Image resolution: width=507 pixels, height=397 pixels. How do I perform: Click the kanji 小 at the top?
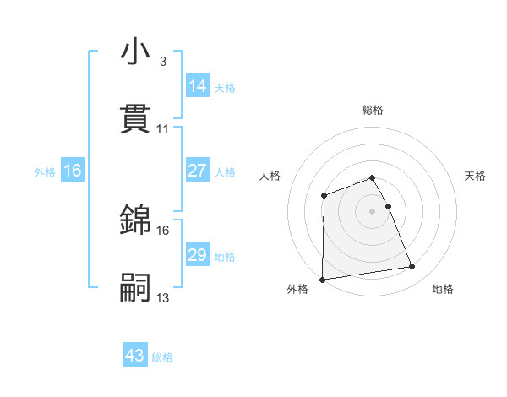135,52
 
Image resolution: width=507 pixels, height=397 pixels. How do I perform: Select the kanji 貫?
135,118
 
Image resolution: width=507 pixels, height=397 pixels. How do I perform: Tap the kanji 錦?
135,220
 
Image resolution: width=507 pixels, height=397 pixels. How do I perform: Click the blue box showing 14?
197,86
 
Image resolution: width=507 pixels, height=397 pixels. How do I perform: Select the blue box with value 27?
197,171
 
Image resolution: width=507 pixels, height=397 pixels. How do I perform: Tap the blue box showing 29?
197,255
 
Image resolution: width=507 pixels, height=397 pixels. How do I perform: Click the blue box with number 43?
134,356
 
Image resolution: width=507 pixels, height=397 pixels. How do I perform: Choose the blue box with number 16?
72,171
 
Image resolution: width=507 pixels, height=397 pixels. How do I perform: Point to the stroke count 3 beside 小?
162,62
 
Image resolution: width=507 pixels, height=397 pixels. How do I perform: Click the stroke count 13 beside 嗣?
163,297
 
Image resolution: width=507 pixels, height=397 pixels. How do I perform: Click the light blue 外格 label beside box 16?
45,172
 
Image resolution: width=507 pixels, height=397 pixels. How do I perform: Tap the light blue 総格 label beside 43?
162,357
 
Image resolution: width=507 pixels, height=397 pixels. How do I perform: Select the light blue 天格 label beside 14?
225,88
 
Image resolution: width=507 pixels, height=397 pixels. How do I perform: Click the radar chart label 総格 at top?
373,110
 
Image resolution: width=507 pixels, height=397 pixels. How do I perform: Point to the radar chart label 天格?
476,176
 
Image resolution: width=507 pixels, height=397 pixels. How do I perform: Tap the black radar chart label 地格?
443,289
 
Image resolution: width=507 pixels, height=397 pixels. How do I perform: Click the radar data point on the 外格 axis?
323,279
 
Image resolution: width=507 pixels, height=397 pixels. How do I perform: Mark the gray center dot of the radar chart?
373,210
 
